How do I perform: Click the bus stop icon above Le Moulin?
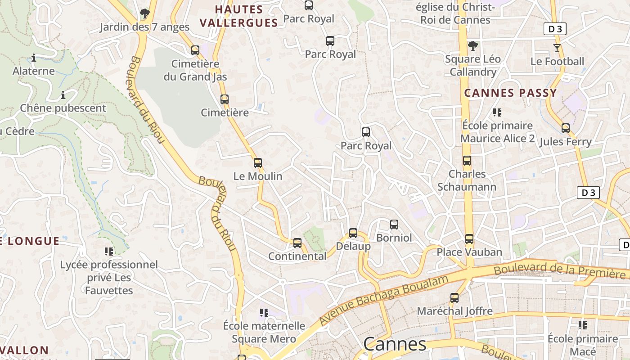click(x=258, y=162)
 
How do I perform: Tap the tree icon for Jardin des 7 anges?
click(x=144, y=13)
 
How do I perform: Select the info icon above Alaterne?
click(x=34, y=58)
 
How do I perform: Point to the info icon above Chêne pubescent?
click(x=63, y=95)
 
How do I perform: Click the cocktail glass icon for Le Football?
click(x=557, y=48)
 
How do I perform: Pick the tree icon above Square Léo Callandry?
click(x=472, y=45)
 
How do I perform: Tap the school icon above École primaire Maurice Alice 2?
click(x=497, y=112)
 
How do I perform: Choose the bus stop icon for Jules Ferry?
click(x=566, y=128)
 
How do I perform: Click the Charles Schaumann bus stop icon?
click(x=467, y=160)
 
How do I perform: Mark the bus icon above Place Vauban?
click(x=469, y=238)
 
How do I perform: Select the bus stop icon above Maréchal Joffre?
click(x=454, y=297)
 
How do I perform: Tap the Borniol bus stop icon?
click(x=394, y=224)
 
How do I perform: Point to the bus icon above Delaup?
click(x=353, y=233)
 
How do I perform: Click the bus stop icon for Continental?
click(x=297, y=243)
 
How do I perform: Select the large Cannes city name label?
click(x=395, y=344)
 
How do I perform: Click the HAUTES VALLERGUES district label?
click(x=239, y=16)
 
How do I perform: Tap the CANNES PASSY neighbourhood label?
click(x=510, y=93)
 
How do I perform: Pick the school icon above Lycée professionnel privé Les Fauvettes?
click(x=109, y=251)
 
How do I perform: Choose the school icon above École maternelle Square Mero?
click(x=264, y=312)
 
